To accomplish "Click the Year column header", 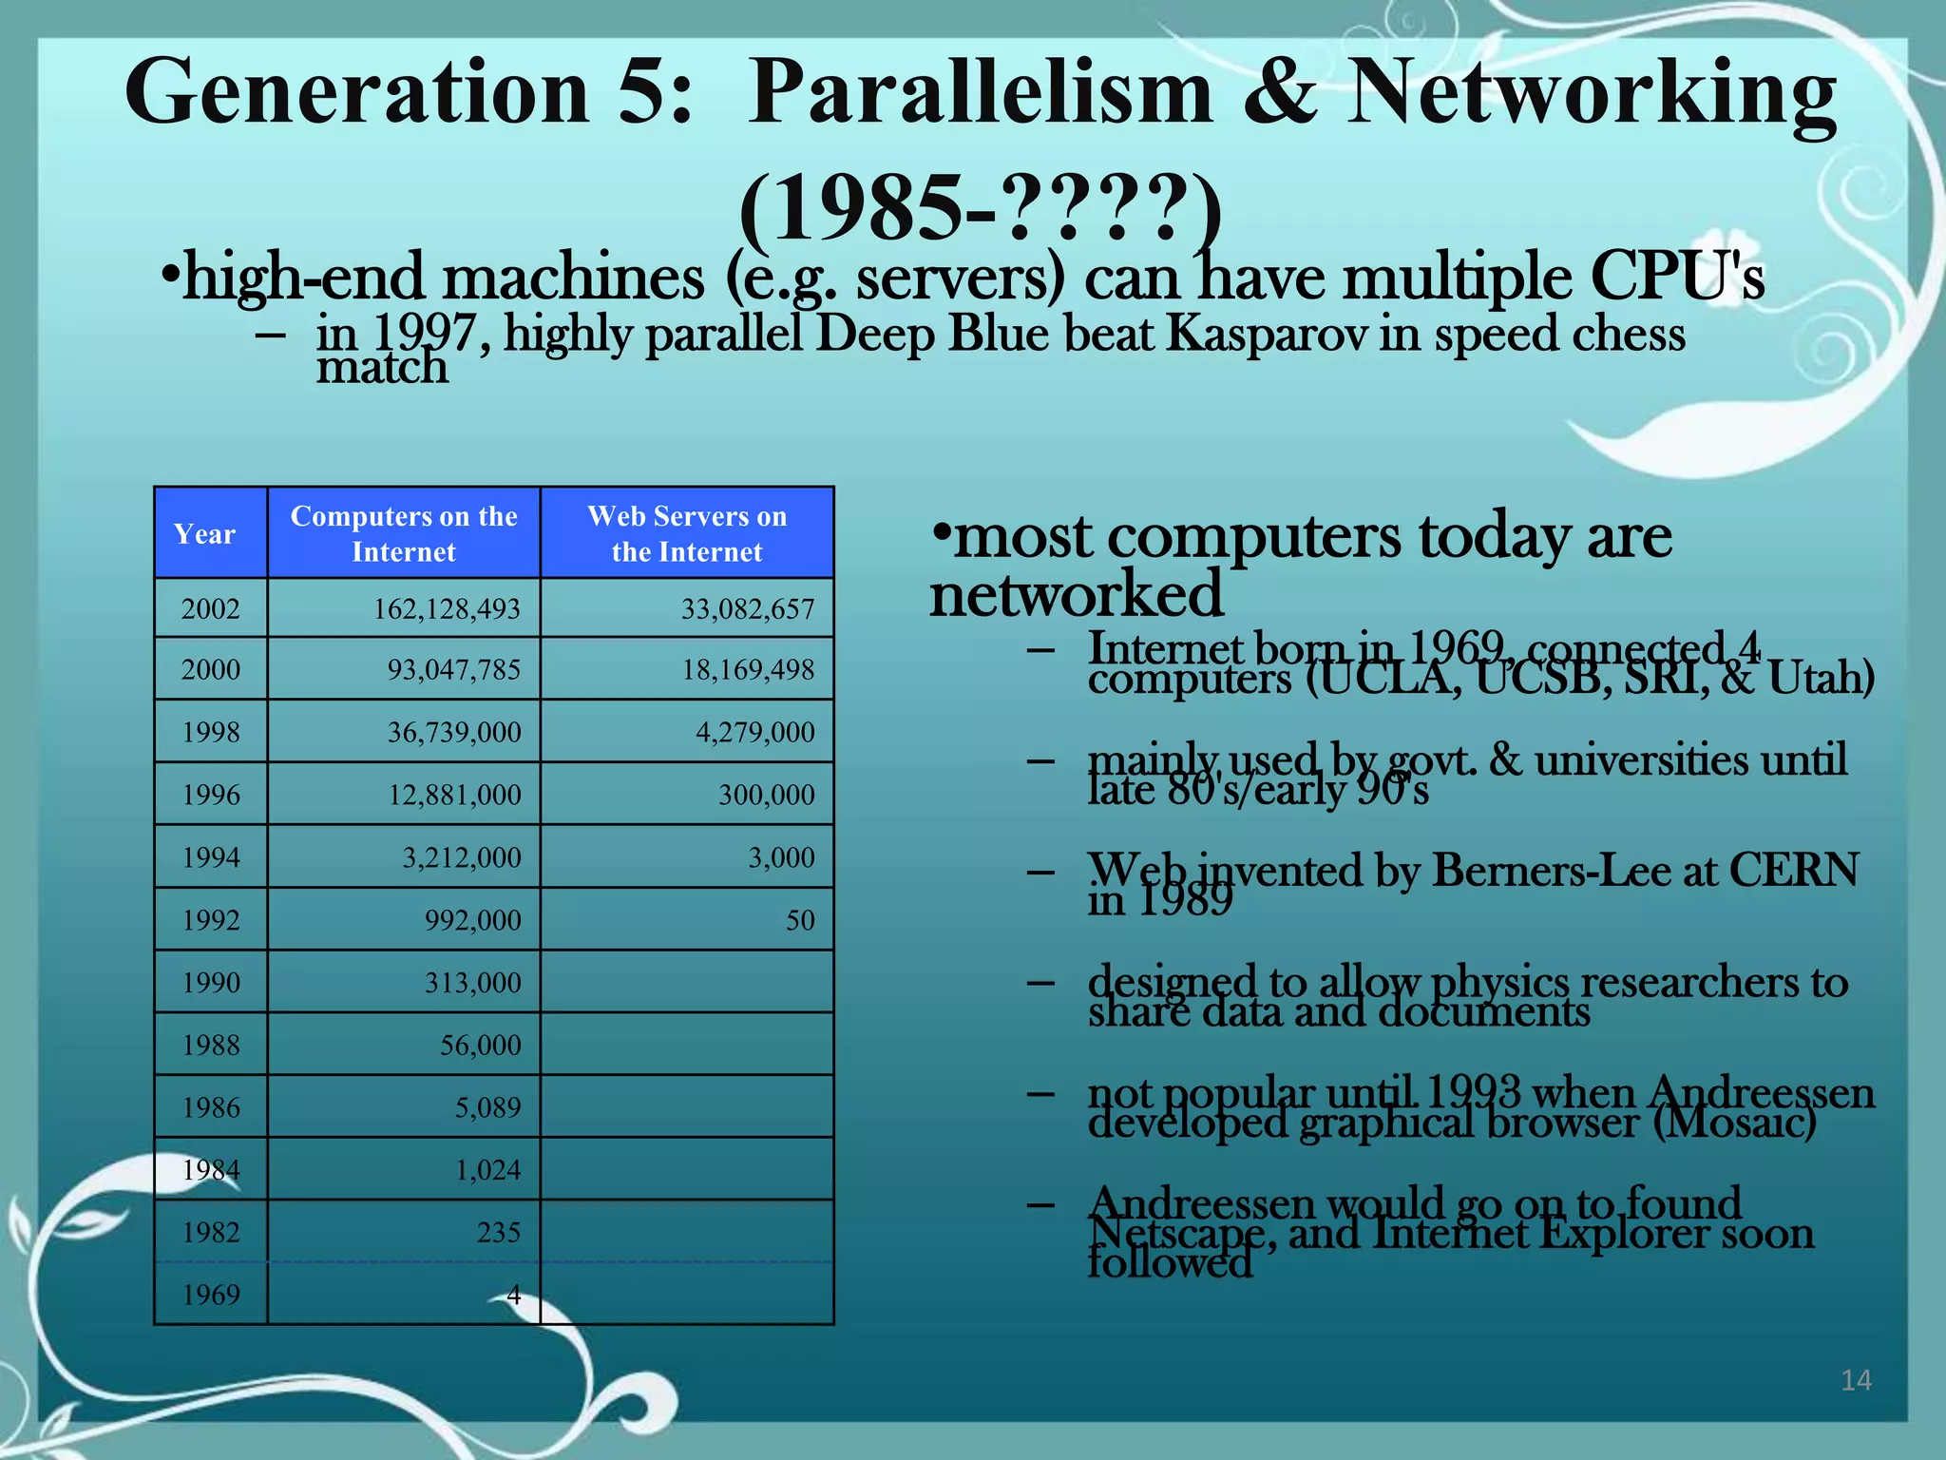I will pyautogui.click(x=204, y=534).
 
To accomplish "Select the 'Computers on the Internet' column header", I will pyautogui.click(x=404, y=533).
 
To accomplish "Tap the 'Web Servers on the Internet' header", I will pyautogui.click(x=687, y=533).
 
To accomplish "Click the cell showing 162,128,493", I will pyautogui.click(x=447, y=608).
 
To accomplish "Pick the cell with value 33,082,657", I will pyautogui.click(x=748, y=608).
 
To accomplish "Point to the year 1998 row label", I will pyautogui.click(x=211, y=732).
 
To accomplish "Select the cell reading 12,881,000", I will pyautogui.click(x=454, y=795).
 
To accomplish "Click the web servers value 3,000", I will pyautogui.click(x=781, y=857).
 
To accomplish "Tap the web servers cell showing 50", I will pyautogui.click(x=800, y=920).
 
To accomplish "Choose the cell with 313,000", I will pyautogui.click(x=472, y=983).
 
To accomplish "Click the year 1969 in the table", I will pyautogui.click(x=211, y=1295).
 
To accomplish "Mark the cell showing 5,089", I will pyautogui.click(x=487, y=1107).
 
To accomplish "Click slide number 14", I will pyautogui.click(x=1856, y=1380).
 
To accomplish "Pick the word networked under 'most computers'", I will pyautogui.click(x=1076, y=594).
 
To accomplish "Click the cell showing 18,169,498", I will pyautogui.click(x=748, y=670).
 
